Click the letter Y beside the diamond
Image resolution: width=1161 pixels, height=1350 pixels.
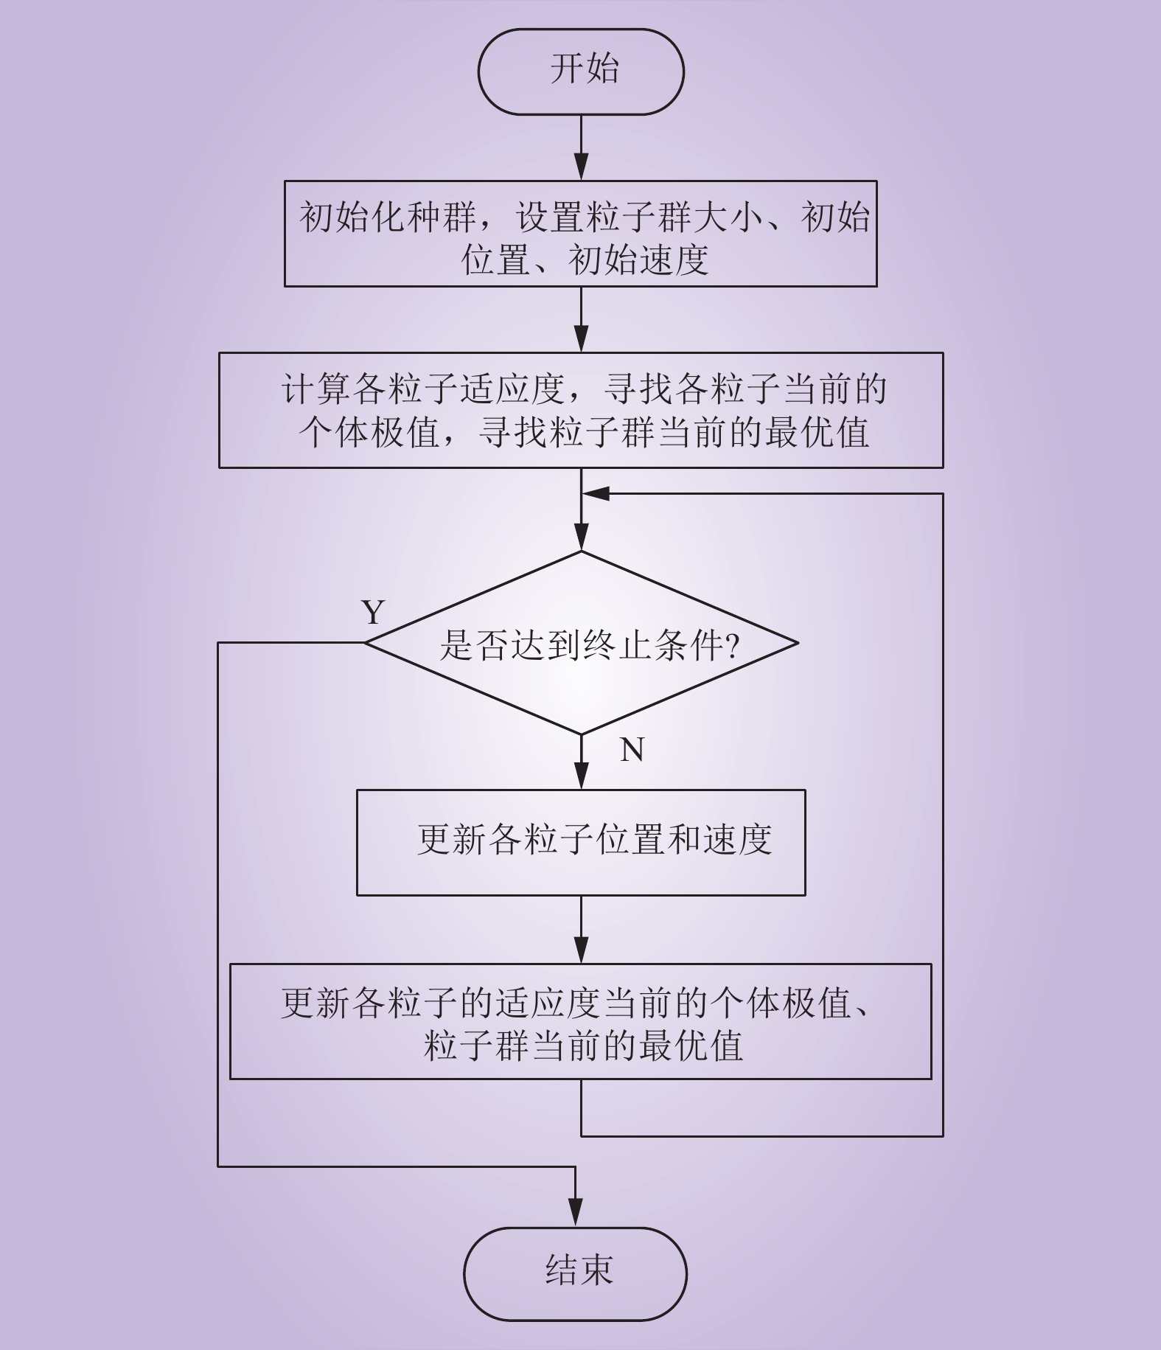tap(374, 612)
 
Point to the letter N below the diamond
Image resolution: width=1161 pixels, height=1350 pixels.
tap(632, 749)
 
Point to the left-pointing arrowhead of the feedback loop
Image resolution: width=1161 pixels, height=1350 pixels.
tap(596, 493)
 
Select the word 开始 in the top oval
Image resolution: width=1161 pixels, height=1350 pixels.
tap(585, 69)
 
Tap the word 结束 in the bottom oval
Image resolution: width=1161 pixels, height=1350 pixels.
tap(579, 1270)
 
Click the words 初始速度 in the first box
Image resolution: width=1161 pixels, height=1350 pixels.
tap(638, 260)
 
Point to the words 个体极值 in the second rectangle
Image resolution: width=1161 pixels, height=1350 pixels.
tap(369, 432)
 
